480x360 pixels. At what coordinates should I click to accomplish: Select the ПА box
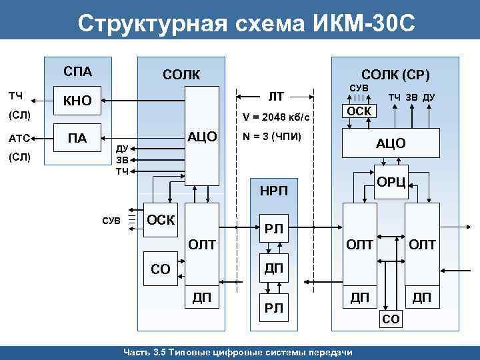77,138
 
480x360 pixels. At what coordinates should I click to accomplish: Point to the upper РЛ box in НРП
274,229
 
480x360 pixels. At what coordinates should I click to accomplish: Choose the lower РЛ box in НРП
274,308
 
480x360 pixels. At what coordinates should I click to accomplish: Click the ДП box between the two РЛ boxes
274,268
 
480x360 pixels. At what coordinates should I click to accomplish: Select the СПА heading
77,71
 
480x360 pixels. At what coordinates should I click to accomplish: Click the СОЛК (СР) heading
395,74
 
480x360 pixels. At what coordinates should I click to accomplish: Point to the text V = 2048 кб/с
276,117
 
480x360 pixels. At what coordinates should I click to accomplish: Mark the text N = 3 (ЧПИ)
273,137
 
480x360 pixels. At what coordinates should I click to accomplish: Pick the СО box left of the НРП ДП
161,269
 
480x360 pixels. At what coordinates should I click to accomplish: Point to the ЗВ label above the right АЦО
411,97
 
